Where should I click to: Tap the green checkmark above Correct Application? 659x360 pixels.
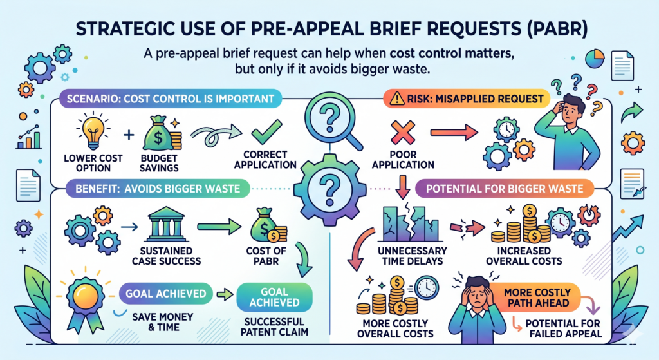pos(266,131)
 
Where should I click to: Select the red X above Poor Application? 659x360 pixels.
pos(403,132)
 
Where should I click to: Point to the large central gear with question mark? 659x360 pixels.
pos(330,190)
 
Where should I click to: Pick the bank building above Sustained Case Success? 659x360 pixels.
pos(166,224)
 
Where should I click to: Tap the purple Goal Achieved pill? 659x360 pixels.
pos(166,294)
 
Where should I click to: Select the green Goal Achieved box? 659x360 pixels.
pos(274,297)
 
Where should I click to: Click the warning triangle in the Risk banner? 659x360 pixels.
pos(396,99)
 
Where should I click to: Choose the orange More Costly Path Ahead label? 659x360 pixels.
pos(537,298)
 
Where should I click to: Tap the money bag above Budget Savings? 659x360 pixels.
pos(159,133)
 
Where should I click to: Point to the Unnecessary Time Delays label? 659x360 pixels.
pos(413,256)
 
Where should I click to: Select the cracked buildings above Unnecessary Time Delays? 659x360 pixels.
pos(411,223)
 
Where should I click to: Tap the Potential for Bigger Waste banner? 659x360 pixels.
pos(505,189)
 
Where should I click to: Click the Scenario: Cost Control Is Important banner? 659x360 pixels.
pos(170,99)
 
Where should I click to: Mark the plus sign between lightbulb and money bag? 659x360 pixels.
pos(129,135)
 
